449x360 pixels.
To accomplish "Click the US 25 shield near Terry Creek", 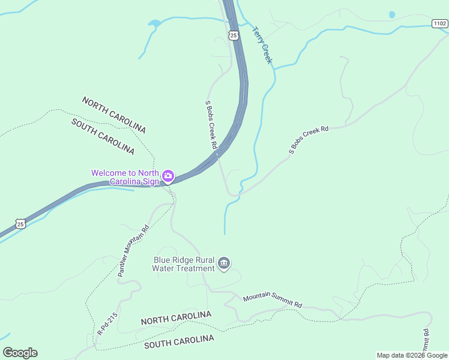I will [234, 35].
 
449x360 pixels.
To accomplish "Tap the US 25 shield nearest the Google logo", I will [21, 224].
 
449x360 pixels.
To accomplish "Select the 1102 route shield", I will [439, 23].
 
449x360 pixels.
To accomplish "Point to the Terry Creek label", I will [262, 45].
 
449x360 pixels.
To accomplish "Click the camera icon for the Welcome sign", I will [169, 176].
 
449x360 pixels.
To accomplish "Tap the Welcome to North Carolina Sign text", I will [125, 177].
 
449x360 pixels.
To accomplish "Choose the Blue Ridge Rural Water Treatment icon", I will [224, 264].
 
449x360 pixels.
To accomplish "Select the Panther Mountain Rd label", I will [133, 251].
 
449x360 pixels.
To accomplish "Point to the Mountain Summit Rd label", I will [273, 301].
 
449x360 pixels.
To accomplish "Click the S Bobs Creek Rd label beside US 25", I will [211, 125].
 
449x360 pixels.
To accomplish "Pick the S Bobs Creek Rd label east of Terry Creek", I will [309, 140].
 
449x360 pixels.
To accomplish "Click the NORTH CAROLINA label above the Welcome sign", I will [114, 115].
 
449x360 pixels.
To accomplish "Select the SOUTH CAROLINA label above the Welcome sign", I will [103, 136].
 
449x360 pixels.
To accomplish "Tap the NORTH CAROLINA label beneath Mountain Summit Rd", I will [176, 318].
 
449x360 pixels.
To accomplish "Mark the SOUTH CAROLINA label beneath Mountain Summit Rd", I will [179, 342].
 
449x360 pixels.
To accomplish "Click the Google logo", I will [20, 353].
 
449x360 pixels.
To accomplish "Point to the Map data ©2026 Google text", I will [412, 355].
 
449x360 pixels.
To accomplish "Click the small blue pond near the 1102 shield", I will [392, 14].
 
